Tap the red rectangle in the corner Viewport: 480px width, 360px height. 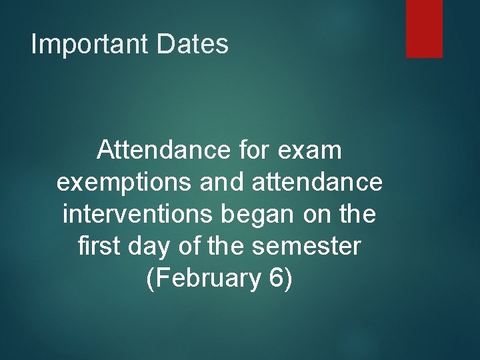(x=424, y=28)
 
